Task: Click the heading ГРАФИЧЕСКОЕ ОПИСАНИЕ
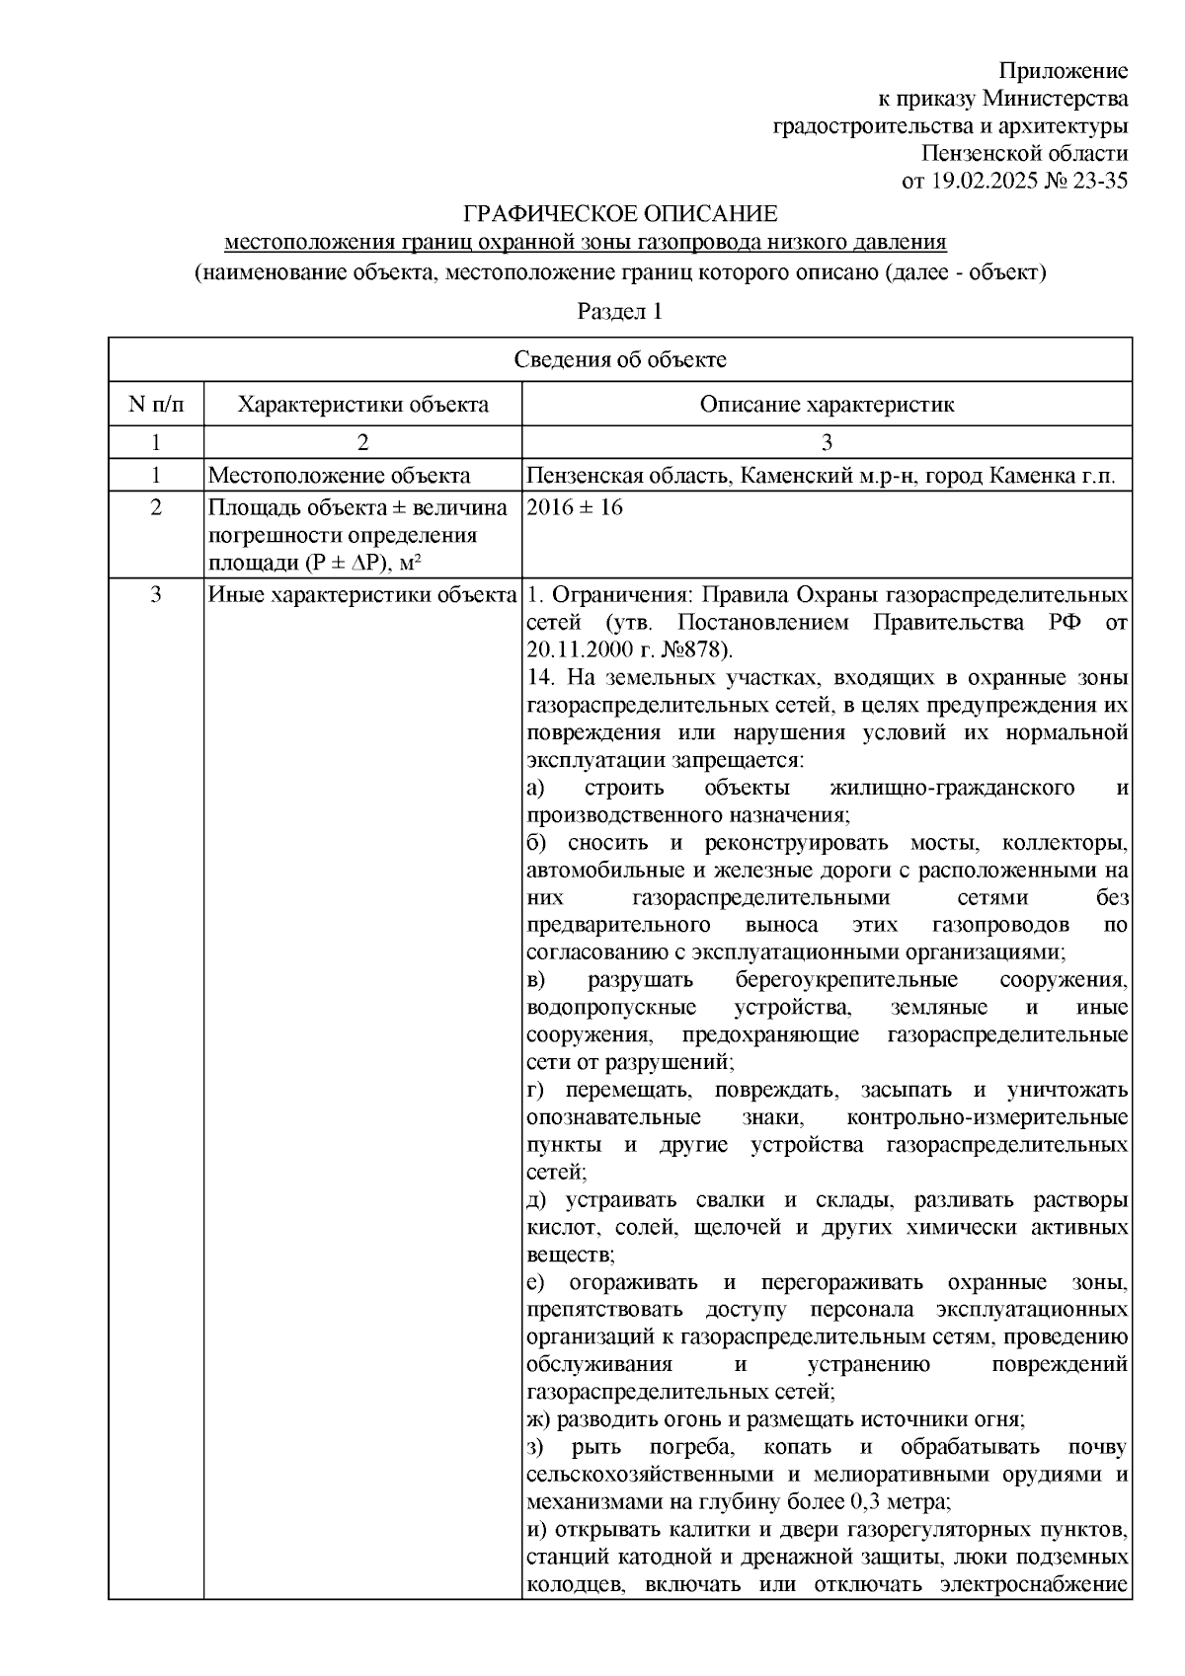point(621,214)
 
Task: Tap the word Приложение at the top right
point(1063,71)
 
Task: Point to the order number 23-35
point(1097,181)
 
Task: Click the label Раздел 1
point(619,312)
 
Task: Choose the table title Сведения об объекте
point(619,359)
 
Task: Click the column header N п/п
point(156,405)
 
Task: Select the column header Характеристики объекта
point(363,405)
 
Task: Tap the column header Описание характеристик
point(827,405)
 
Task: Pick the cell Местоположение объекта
point(339,476)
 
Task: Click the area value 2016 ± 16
point(576,508)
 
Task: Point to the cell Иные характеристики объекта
point(362,595)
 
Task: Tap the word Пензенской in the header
point(978,153)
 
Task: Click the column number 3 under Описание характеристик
point(827,442)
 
